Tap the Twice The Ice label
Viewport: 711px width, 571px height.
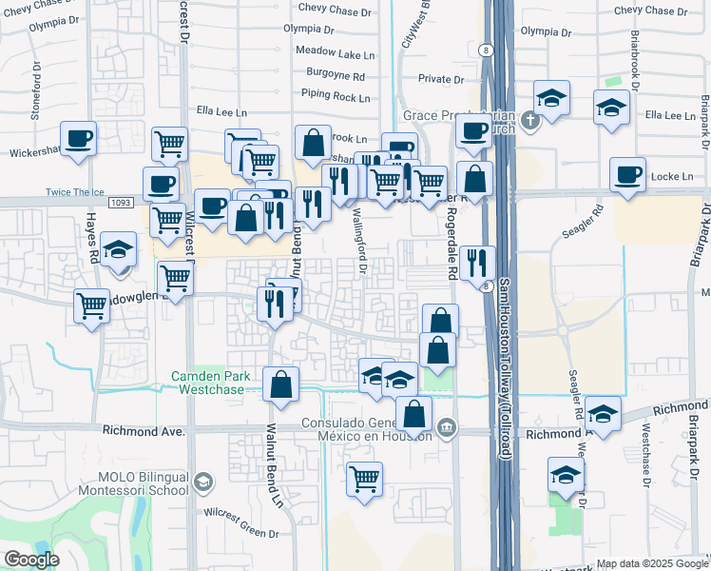pos(75,192)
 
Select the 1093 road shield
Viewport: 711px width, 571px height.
pos(121,203)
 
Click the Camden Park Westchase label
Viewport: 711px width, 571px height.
pos(211,383)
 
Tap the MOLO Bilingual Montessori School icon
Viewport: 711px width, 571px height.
pos(202,483)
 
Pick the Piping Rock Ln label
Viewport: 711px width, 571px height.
pos(335,95)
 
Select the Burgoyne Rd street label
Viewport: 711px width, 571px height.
pos(336,73)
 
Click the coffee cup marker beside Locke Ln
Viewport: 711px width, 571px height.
pos(627,175)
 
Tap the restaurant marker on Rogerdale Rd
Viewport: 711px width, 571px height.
pos(476,261)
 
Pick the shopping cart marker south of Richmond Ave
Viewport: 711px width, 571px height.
pos(364,479)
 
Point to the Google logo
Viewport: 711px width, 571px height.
pos(32,559)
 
